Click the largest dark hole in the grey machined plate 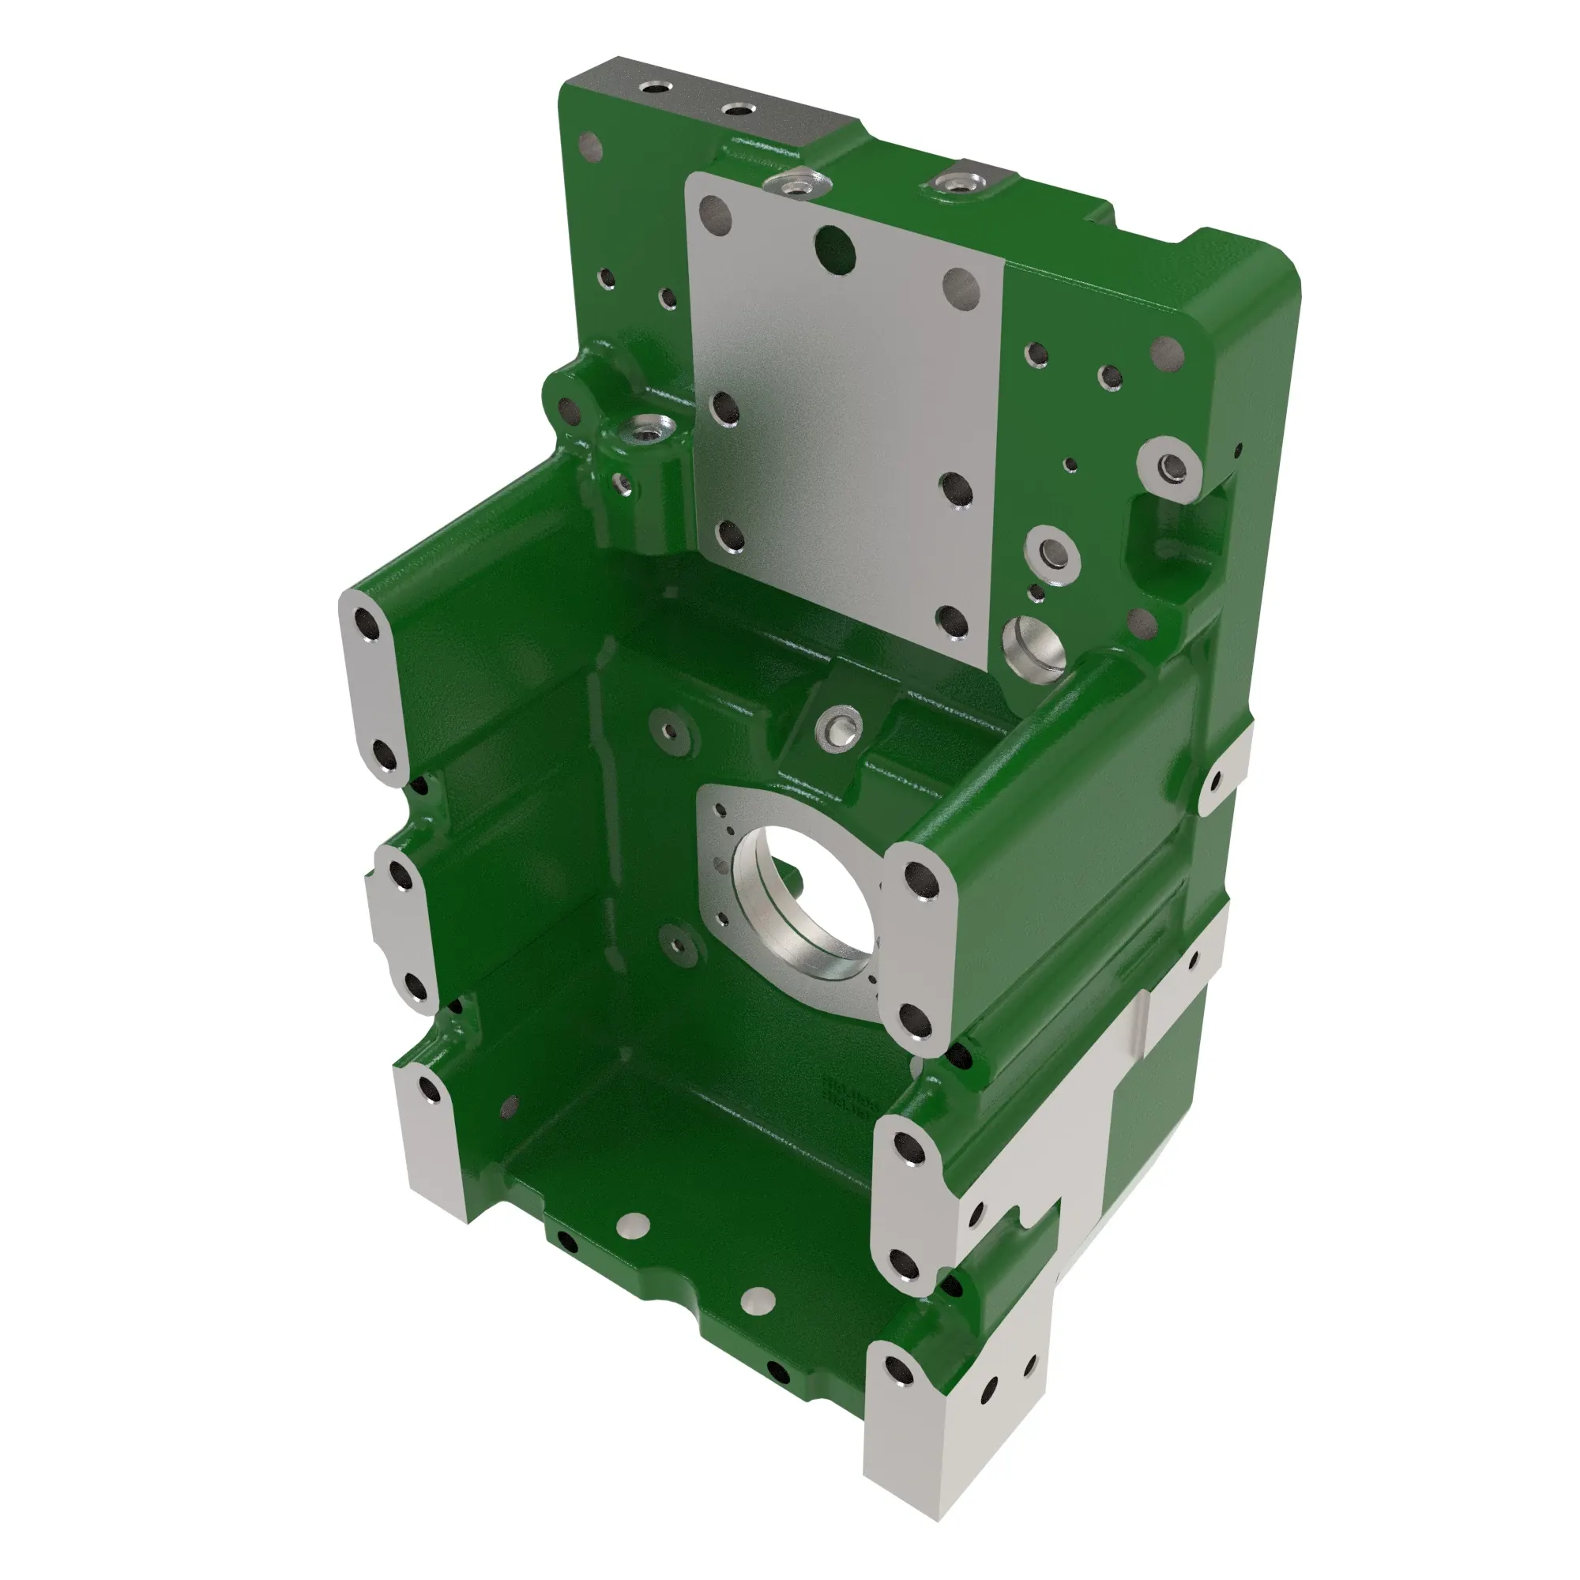pyautogui.click(x=835, y=249)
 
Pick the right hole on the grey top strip pyautogui.click(x=739, y=110)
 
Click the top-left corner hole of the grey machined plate pyautogui.click(x=717, y=213)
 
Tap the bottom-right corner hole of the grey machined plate pyautogui.click(x=953, y=621)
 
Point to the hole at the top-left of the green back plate pyautogui.click(x=590, y=148)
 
